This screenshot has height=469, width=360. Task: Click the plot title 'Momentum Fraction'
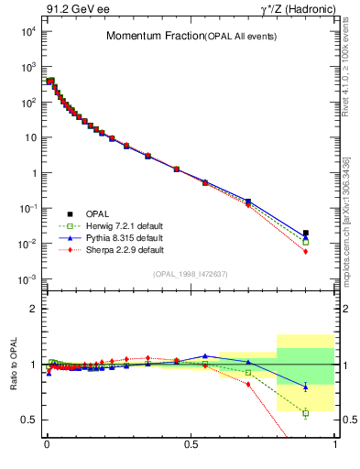coord(145,36)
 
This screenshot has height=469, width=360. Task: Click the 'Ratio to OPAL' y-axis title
coord(13,365)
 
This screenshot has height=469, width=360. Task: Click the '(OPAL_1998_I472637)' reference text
coord(191,273)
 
